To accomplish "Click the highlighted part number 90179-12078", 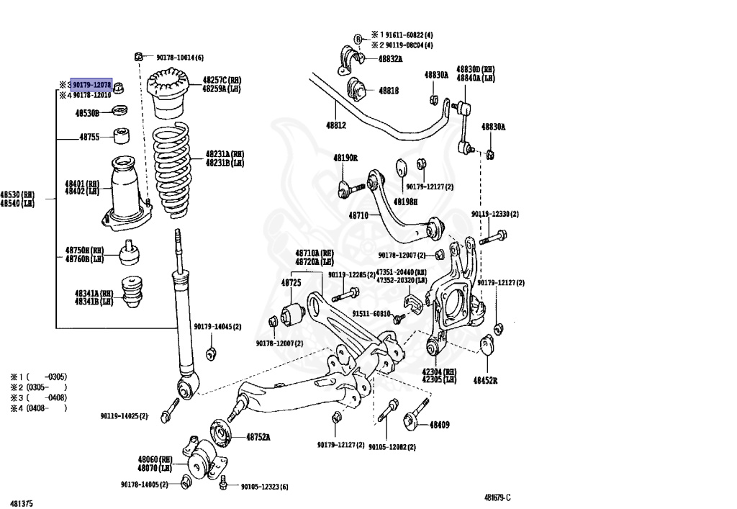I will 91,84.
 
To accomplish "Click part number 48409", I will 439,425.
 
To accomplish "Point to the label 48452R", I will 486,379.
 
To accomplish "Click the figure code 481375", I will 21,503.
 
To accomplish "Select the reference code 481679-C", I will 497,497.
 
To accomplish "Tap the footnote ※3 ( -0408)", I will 38,397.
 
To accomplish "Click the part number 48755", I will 89,137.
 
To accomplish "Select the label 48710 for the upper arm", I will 358,215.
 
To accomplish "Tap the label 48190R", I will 345,158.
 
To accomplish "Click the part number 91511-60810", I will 371,314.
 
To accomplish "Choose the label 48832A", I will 389,58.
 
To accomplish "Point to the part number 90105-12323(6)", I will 263,487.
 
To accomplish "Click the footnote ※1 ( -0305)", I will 38,377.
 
